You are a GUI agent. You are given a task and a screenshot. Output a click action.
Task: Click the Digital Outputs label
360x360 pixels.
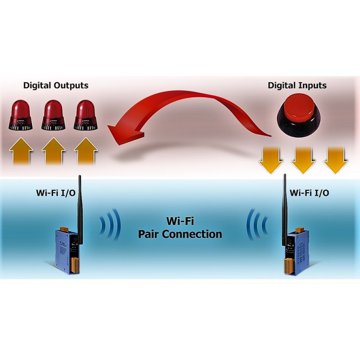56,85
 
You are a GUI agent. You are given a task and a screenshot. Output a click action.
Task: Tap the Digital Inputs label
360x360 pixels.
297,85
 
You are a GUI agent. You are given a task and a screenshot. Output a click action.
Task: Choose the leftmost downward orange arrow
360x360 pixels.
271,159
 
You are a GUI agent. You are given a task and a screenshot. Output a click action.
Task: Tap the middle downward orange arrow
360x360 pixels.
303,159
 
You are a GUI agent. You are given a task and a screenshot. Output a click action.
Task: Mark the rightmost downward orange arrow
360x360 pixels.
335,159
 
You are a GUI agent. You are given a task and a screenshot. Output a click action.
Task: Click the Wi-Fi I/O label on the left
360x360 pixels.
55,193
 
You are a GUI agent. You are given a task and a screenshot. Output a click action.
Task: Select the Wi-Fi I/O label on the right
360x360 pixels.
309,193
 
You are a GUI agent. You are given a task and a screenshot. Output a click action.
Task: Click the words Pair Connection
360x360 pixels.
180,234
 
